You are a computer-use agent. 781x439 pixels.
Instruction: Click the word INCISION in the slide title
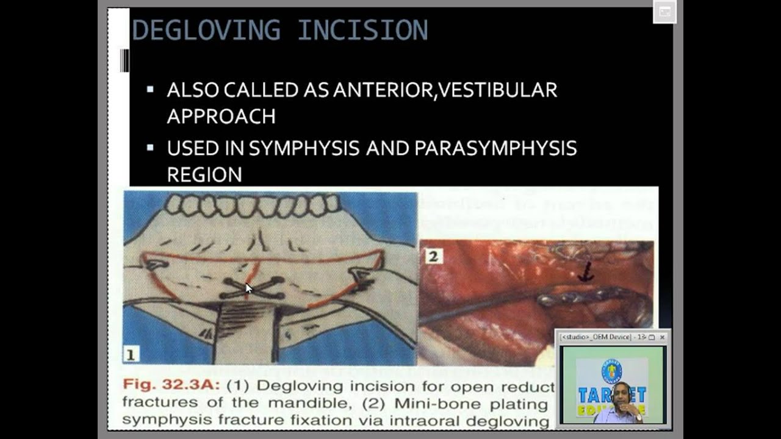click(362, 30)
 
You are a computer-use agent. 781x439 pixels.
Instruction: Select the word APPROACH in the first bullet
click(221, 116)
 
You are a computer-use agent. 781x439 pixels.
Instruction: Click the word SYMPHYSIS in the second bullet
click(303, 149)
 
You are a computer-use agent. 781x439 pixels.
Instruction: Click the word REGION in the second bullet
click(204, 175)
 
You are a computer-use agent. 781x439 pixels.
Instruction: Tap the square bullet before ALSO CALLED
click(150, 90)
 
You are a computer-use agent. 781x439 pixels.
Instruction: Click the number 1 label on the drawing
click(131, 354)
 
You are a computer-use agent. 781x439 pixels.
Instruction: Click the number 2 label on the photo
click(433, 255)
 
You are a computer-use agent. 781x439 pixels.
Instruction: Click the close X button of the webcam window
click(662, 337)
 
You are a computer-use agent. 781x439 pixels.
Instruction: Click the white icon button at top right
click(664, 12)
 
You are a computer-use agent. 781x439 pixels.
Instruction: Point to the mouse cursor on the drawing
click(248, 288)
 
